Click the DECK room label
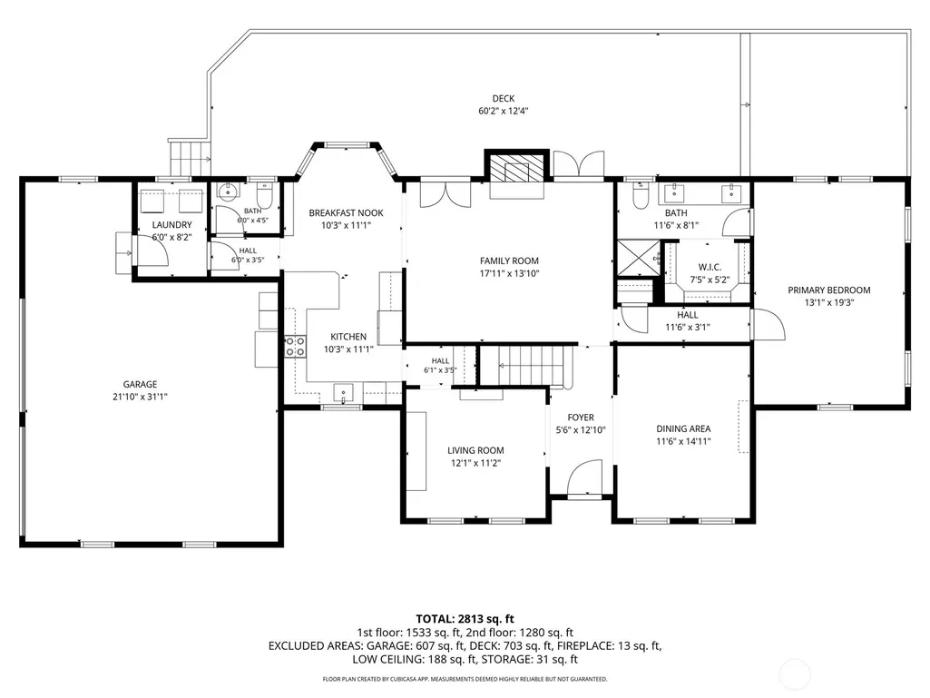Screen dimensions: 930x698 point(503,99)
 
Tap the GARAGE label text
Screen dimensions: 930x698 point(140,384)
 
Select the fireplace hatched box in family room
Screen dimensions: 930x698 point(516,167)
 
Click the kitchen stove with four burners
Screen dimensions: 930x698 point(296,346)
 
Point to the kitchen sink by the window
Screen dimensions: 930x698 point(343,392)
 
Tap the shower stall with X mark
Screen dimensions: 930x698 point(638,258)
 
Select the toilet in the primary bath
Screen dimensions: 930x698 point(641,196)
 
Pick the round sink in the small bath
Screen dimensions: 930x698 point(227,191)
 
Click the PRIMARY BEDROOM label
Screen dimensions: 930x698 point(828,290)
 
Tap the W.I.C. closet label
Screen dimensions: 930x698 point(710,268)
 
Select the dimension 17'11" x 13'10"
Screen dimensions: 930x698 point(509,273)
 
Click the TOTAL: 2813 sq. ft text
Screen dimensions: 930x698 point(465,620)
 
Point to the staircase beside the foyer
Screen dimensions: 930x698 point(525,365)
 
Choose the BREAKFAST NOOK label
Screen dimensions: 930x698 point(346,212)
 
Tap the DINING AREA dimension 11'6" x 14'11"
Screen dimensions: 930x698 point(683,441)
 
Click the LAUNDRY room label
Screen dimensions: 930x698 point(172,224)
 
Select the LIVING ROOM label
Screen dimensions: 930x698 point(475,450)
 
